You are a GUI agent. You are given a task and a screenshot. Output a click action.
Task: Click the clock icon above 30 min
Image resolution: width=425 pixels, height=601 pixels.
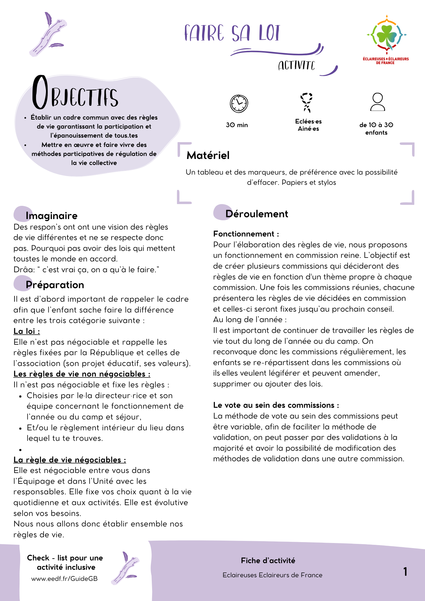point(239,104)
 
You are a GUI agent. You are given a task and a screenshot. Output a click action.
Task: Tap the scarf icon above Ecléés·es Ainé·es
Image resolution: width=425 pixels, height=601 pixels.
point(307,102)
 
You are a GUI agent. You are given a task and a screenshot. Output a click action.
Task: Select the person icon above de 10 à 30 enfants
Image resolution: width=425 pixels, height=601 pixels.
point(378,102)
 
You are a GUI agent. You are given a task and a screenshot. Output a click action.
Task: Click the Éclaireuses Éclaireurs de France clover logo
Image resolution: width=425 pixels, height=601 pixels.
point(386,36)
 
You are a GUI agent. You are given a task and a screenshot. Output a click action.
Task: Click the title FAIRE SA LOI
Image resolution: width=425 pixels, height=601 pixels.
point(232,33)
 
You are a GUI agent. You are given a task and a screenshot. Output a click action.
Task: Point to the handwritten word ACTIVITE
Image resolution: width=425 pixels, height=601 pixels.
point(296,65)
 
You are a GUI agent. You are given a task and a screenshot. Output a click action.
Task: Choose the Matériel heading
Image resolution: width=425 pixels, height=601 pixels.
point(208,155)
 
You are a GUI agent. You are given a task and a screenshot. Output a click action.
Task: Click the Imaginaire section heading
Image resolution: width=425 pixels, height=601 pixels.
point(51,215)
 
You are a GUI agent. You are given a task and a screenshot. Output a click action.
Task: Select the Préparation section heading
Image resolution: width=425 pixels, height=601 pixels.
point(55,285)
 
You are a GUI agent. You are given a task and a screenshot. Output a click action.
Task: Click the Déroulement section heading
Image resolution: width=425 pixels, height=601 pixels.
point(257,214)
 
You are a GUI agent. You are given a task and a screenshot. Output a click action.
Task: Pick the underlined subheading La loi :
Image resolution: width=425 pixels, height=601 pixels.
point(27,331)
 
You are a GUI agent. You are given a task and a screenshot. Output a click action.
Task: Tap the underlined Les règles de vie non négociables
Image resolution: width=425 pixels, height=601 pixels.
point(82,374)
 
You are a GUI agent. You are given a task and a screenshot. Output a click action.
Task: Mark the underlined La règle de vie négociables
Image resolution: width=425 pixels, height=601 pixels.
point(70,460)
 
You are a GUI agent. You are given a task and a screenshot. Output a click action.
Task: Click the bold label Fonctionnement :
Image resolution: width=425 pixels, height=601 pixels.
point(246,234)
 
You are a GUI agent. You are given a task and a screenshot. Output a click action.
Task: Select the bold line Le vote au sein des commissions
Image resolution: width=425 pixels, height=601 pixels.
point(276,405)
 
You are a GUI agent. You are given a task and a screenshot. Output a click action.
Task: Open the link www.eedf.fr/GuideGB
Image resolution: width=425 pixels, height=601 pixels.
point(64,579)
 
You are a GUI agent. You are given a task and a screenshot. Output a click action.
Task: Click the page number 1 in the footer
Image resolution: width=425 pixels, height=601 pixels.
point(405,572)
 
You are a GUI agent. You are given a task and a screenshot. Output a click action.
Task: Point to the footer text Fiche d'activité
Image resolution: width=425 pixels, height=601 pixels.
point(268,560)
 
